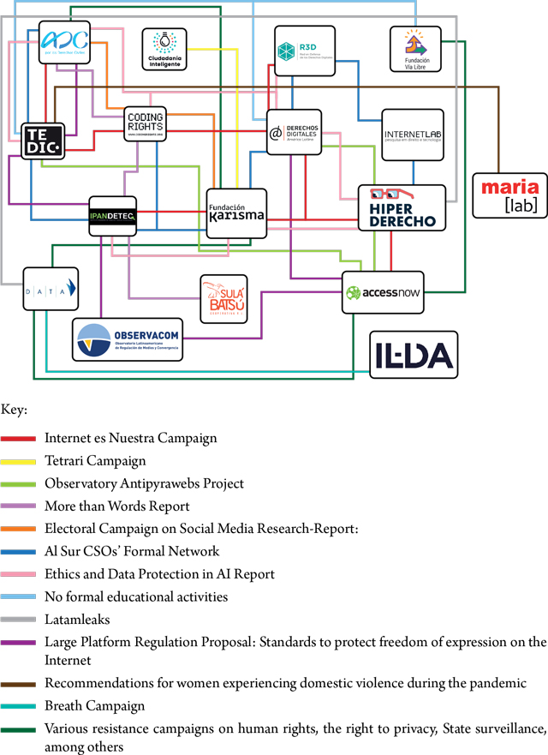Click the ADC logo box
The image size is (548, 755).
(64, 41)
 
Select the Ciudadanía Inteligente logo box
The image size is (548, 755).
(164, 49)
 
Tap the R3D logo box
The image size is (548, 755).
(304, 51)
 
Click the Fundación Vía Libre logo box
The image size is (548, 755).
(415, 50)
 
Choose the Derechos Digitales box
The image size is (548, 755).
(295, 132)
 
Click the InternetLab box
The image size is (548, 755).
(413, 134)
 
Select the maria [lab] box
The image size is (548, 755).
(509, 195)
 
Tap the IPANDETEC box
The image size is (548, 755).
(112, 214)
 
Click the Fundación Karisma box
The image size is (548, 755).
(236, 213)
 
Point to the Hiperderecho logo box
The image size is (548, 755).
(402, 207)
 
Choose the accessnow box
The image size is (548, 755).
(383, 292)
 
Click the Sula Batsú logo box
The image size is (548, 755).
(223, 299)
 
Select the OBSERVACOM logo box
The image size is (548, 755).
(127, 340)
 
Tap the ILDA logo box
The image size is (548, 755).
(413, 353)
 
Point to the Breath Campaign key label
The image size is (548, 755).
(95, 706)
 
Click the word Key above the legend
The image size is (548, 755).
(15, 410)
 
